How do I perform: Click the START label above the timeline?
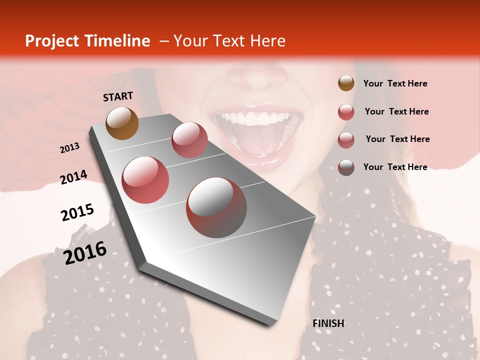[118, 96]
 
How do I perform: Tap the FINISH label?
[328, 323]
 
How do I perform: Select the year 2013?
[70, 148]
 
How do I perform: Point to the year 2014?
[73, 177]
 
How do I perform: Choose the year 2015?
[77, 212]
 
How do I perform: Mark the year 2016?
[85, 252]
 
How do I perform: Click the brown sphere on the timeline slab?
[122, 123]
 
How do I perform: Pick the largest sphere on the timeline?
[216, 207]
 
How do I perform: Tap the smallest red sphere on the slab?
[189, 140]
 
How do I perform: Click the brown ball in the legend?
[346, 83]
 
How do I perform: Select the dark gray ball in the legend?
[346, 167]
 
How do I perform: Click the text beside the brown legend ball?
[395, 83]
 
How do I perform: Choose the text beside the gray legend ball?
[395, 167]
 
